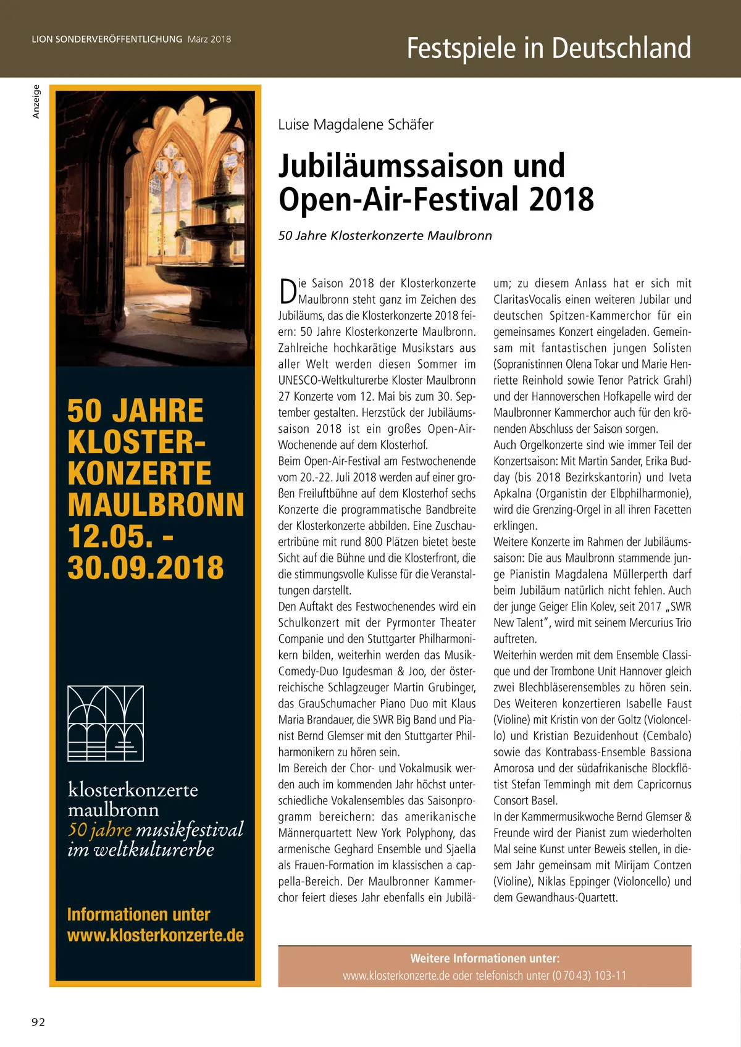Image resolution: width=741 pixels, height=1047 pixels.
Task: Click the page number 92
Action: (38, 1022)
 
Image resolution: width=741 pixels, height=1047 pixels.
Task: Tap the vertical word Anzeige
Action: (36, 102)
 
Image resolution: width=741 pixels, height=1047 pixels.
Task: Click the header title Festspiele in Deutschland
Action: (548, 48)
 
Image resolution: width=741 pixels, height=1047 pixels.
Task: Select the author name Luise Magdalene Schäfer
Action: (356, 125)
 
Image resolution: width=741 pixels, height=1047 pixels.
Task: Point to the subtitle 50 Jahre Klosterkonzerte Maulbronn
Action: (385, 236)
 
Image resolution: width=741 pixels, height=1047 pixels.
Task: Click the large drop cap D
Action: (287, 291)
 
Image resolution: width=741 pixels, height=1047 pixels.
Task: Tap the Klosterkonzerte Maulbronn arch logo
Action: (106, 723)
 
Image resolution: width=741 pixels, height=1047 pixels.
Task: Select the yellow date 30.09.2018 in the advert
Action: (146, 568)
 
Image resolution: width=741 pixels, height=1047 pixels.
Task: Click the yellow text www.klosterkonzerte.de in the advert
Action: (156, 935)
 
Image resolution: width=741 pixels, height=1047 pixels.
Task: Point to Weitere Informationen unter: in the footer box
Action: (485, 959)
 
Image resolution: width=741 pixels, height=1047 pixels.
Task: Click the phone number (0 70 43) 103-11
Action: (589, 976)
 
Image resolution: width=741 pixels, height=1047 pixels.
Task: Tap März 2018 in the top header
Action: (209, 39)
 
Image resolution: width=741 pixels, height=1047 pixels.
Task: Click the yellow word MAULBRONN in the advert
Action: (156, 505)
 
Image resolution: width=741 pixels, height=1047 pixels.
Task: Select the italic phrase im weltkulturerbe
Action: (141, 850)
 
